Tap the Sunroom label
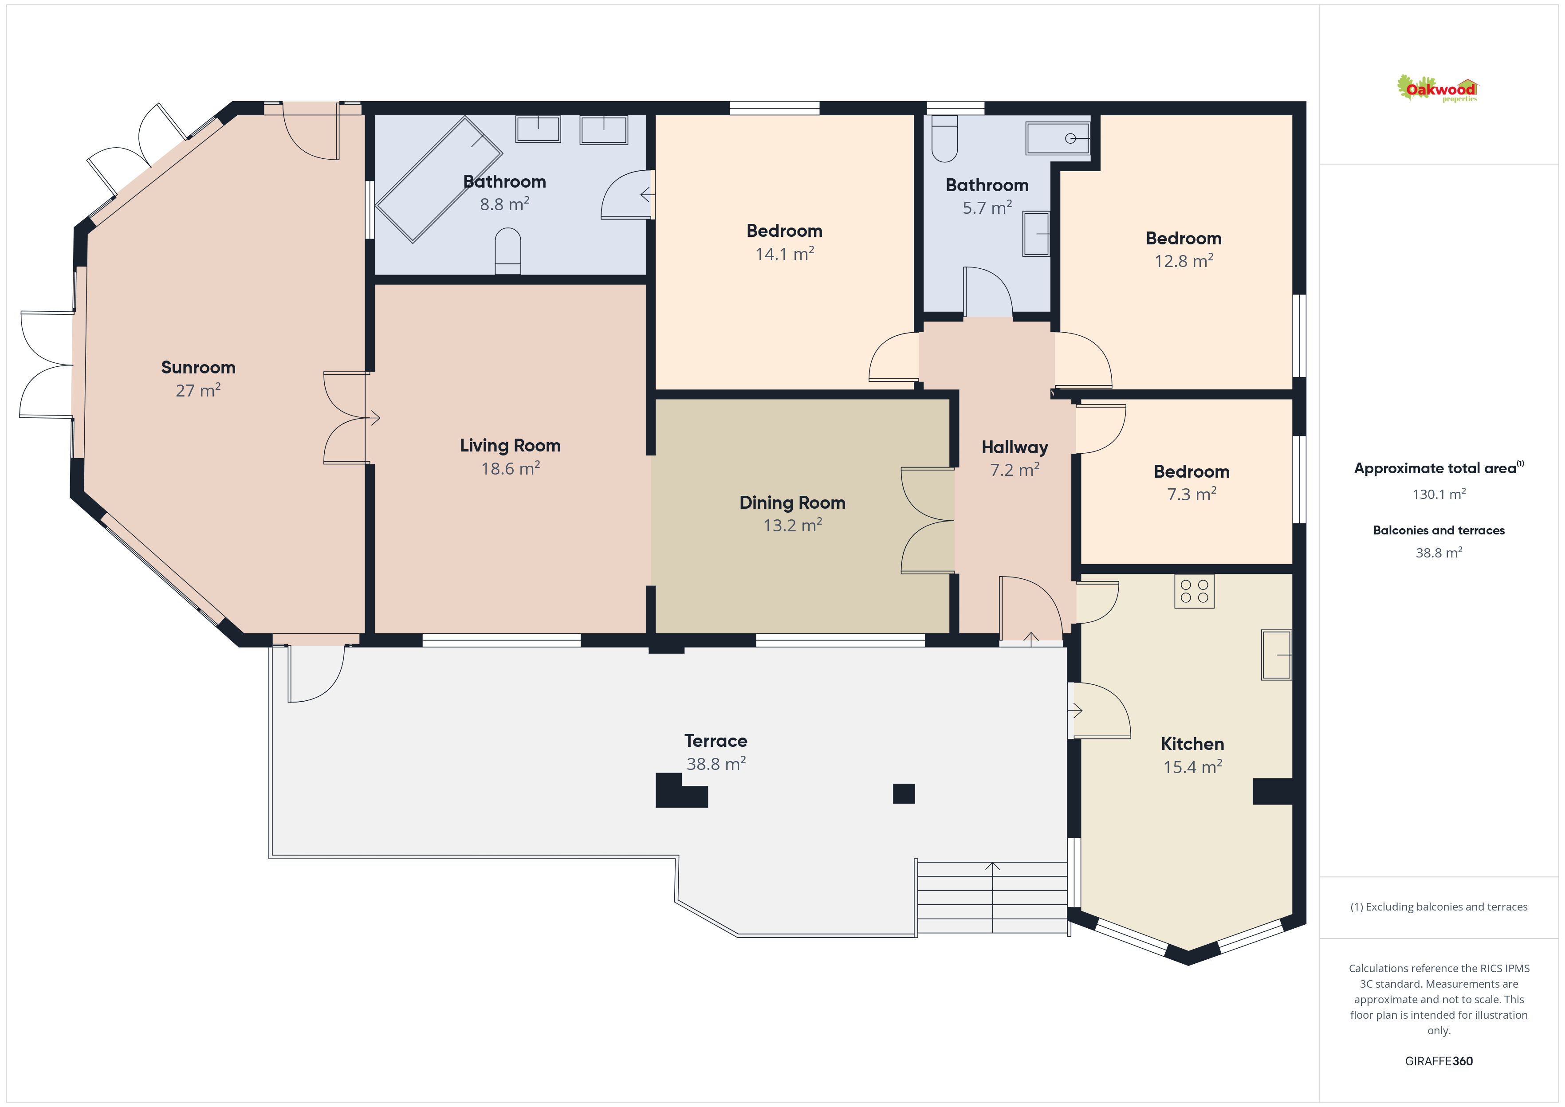pyautogui.click(x=198, y=367)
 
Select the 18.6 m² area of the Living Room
pyautogui.click(x=511, y=468)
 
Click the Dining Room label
pyautogui.click(x=792, y=503)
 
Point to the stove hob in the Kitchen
pyautogui.click(x=1194, y=592)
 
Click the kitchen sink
pyautogui.click(x=1276, y=654)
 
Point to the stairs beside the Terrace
pyautogui.click(x=992, y=898)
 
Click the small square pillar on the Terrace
pyautogui.click(x=904, y=793)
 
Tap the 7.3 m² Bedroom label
pyautogui.click(x=1191, y=472)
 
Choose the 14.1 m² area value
pyautogui.click(x=785, y=254)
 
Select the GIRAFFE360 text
pyautogui.click(x=1439, y=1061)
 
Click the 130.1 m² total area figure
pyautogui.click(x=1439, y=494)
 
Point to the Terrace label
pyautogui.click(x=716, y=741)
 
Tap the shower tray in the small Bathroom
pyautogui.click(x=1058, y=138)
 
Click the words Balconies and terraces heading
pyautogui.click(x=1439, y=530)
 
